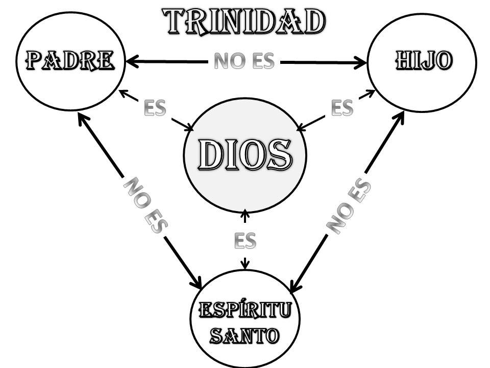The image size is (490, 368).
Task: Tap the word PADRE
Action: (70, 61)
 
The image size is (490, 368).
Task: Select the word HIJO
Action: (423, 61)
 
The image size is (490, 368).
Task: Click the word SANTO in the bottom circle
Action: (245, 336)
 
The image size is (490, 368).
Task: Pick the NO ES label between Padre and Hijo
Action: (244, 62)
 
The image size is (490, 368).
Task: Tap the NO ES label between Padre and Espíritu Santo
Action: (145, 205)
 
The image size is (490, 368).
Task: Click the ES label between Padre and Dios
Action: (155, 108)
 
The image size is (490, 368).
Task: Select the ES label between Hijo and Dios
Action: (342, 108)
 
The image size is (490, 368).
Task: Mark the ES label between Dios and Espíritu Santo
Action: (245, 240)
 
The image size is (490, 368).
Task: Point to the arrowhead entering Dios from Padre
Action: (187, 128)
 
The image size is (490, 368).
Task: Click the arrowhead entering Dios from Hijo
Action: (301, 127)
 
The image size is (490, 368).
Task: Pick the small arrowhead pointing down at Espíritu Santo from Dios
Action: (245, 265)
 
